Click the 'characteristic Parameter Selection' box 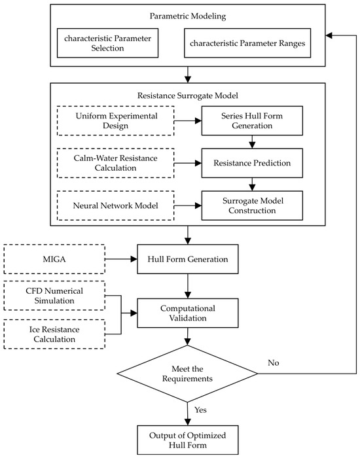107,43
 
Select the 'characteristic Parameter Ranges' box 247,43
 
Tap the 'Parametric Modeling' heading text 188,16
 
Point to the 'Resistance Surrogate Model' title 188,96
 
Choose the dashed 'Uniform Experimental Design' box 116,120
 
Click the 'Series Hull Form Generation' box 252,120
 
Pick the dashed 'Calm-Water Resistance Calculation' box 116,163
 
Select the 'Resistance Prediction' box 252,163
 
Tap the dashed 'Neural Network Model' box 116,205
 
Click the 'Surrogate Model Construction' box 252,205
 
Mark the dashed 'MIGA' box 54,259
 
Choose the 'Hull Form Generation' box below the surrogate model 188,259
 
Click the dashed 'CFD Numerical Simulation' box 54,296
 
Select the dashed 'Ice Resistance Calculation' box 54,334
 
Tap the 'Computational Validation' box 188,313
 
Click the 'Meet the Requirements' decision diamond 187,374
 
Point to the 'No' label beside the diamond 274,362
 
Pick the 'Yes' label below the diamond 200,410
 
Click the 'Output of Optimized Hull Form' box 188,440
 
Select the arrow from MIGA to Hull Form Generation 121,259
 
